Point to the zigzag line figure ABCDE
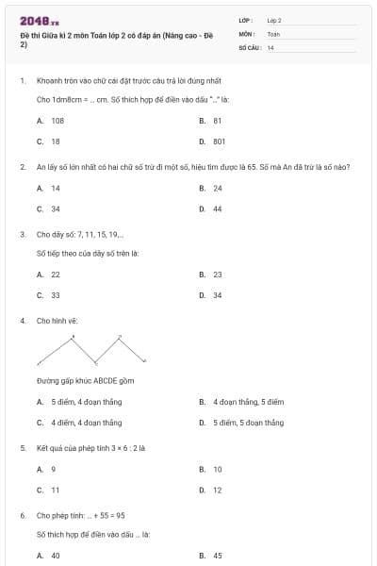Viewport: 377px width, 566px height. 91,350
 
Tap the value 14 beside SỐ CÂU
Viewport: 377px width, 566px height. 270,46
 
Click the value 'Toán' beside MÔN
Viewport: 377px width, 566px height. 273,33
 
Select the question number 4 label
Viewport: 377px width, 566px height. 22,321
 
